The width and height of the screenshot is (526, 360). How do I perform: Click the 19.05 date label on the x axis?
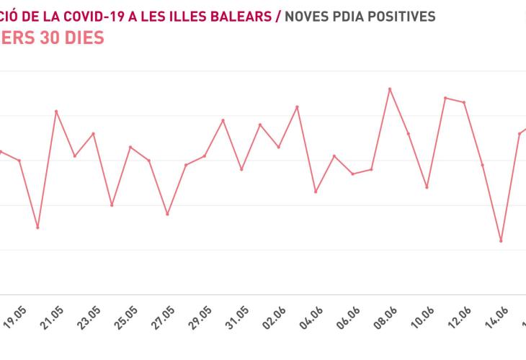point(14,318)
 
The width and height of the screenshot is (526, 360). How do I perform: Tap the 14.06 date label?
point(497,318)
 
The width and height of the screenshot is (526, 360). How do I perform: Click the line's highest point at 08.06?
point(390,89)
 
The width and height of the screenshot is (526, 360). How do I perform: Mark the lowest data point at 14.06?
point(501,240)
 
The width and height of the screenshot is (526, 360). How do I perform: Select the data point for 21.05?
point(56,111)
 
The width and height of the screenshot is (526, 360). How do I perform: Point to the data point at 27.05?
point(167,214)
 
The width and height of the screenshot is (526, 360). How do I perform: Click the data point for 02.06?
point(298,107)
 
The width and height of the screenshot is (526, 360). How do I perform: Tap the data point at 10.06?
point(427,187)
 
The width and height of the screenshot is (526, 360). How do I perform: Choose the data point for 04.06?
point(316,192)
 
